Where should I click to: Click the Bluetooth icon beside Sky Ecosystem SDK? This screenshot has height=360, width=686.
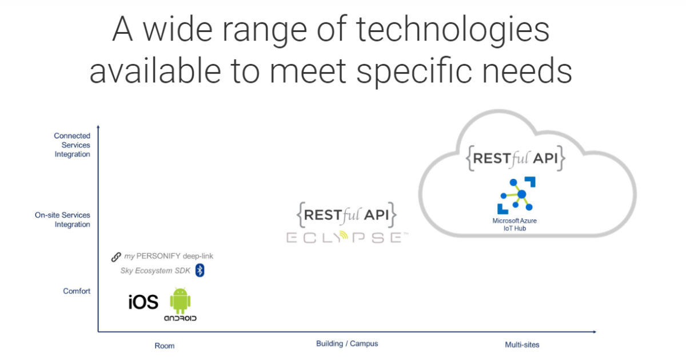point(200,270)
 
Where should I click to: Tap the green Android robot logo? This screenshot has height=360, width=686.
point(180,302)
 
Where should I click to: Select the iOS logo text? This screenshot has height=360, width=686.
point(143,302)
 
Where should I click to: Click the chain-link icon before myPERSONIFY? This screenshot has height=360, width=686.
point(116,257)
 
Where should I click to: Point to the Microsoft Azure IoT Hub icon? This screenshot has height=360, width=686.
point(516,195)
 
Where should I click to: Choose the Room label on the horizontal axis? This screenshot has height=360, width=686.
point(165,346)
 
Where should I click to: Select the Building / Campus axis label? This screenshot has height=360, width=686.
point(347,343)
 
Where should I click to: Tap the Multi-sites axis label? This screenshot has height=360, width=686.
point(522,345)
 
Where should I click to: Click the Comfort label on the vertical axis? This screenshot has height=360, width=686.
point(77,291)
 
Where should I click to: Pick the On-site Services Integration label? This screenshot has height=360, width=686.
point(63,220)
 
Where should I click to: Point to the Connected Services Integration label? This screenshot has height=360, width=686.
point(72,145)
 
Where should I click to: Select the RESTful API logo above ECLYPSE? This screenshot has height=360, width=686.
point(346,215)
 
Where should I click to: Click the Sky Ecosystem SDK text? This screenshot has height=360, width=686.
point(155,271)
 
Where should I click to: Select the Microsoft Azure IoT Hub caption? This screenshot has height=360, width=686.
point(514,225)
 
